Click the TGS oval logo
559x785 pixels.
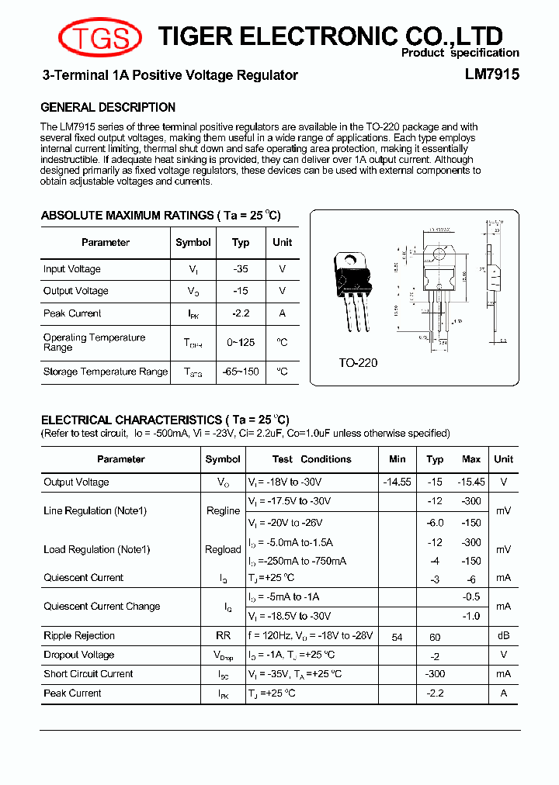pos(100,36)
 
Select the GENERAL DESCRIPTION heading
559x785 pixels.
pos(108,107)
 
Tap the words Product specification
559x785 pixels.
pos(460,53)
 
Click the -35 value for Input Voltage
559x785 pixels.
pos(240,269)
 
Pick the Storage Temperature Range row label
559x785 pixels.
pos(105,372)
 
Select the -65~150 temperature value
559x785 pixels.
pos(240,372)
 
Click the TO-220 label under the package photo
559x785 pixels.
pos(358,362)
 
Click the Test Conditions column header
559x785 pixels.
pos(311,459)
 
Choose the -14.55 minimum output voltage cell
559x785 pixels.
pos(397,482)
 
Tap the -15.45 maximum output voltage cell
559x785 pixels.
pos(471,482)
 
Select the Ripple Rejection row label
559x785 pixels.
pos(79,636)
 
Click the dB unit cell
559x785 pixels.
pos(503,636)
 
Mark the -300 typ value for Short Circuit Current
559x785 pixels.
pos(435,674)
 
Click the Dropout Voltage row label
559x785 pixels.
pos(78,655)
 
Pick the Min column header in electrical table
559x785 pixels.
pos(397,459)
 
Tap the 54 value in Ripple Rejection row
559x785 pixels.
pos(397,637)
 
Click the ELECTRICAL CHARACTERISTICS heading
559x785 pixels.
pos(165,420)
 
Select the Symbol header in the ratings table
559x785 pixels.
pos(193,242)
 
